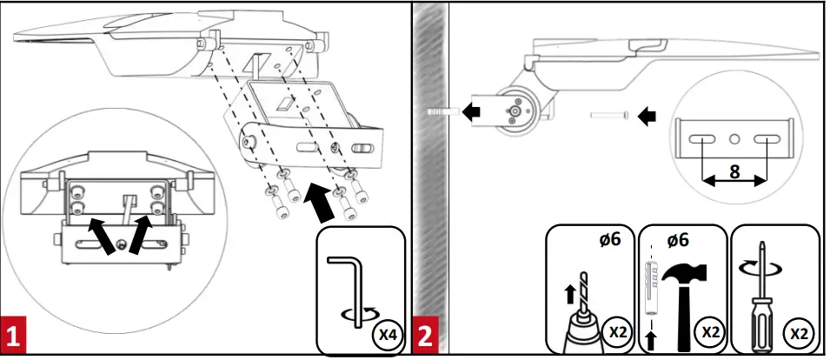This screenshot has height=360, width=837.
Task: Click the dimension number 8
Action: pyautogui.click(x=735, y=171)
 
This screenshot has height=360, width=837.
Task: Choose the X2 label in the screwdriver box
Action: pyautogui.click(x=796, y=333)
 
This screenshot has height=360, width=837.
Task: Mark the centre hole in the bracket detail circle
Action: pyautogui.click(x=734, y=138)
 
